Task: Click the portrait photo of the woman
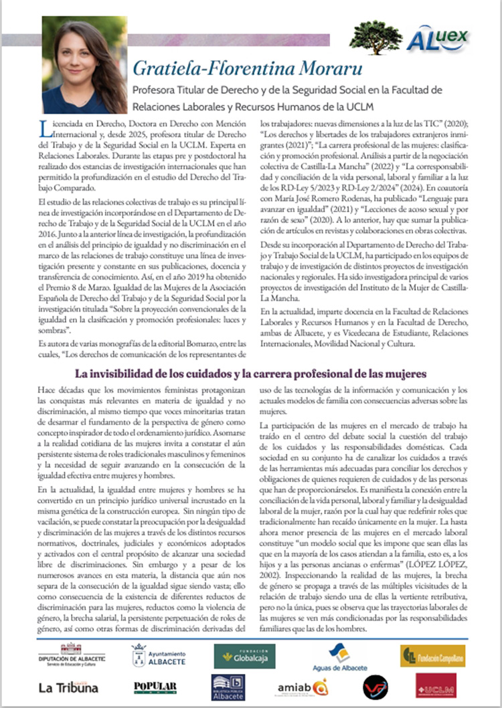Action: [x=84, y=65]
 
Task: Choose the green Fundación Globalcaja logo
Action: [x=244, y=655]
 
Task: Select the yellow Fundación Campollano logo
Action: [x=432, y=655]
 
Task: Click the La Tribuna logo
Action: [x=68, y=687]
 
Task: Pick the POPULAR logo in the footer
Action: [x=155, y=687]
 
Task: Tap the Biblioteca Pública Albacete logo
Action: [x=228, y=687]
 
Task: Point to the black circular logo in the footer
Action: [x=375, y=687]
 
